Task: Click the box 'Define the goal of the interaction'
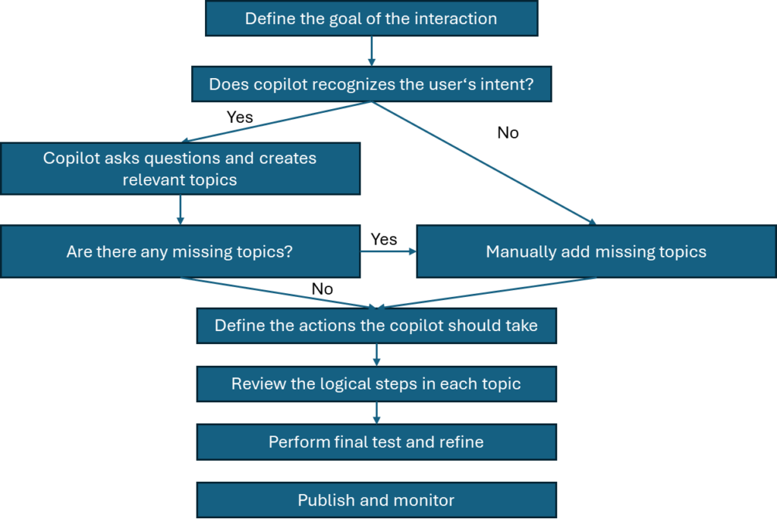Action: pyautogui.click(x=371, y=18)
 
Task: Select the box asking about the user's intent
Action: pyautogui.click(x=371, y=84)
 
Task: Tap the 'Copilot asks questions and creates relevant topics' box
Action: pyautogui.click(x=180, y=169)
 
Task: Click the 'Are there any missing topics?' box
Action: pyautogui.click(x=180, y=252)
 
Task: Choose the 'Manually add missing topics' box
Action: pyautogui.click(x=596, y=252)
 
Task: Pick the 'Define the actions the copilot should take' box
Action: pyautogui.click(x=376, y=326)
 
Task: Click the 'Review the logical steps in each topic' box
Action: pyautogui.click(x=376, y=384)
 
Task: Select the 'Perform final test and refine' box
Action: pyautogui.click(x=376, y=442)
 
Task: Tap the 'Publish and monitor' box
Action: pyautogui.click(x=376, y=500)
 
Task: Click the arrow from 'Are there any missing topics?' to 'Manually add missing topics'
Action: pyautogui.click(x=388, y=252)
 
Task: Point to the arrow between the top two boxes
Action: pyautogui.click(x=371, y=51)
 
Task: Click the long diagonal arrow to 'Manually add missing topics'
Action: pyautogui.click(x=486, y=164)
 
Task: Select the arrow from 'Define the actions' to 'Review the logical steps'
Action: pyautogui.click(x=376, y=355)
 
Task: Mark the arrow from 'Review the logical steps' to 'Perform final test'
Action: pyautogui.click(x=376, y=413)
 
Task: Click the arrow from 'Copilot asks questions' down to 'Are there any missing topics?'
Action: pyautogui.click(x=180, y=210)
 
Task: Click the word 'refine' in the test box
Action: pyautogui.click(x=460, y=442)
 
